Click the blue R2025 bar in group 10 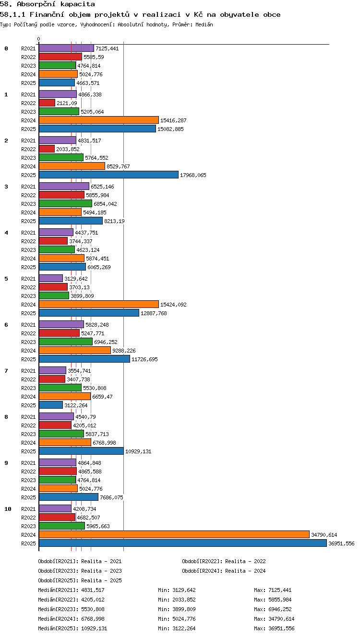[x=183, y=543]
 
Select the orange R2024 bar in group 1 [x=99, y=120]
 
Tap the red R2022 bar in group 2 [x=47, y=149]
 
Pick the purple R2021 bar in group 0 [x=66, y=48]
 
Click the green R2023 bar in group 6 [x=66, y=342]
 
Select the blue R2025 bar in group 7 [x=51, y=405]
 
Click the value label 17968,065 [x=193, y=175]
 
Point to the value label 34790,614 [x=324, y=535]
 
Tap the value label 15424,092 [x=173, y=305]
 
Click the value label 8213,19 [x=114, y=221]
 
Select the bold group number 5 [x=6, y=279]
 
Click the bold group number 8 [x=6, y=417]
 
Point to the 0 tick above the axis [x=39, y=39]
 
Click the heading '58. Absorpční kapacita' [x=47, y=4]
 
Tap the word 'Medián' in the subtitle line [x=204, y=24]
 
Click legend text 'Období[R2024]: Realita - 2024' [x=224, y=571]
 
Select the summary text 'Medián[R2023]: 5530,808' [x=71, y=609]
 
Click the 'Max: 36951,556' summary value [x=274, y=628]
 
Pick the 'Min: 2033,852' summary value [x=177, y=600]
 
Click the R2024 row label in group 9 [x=28, y=489]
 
